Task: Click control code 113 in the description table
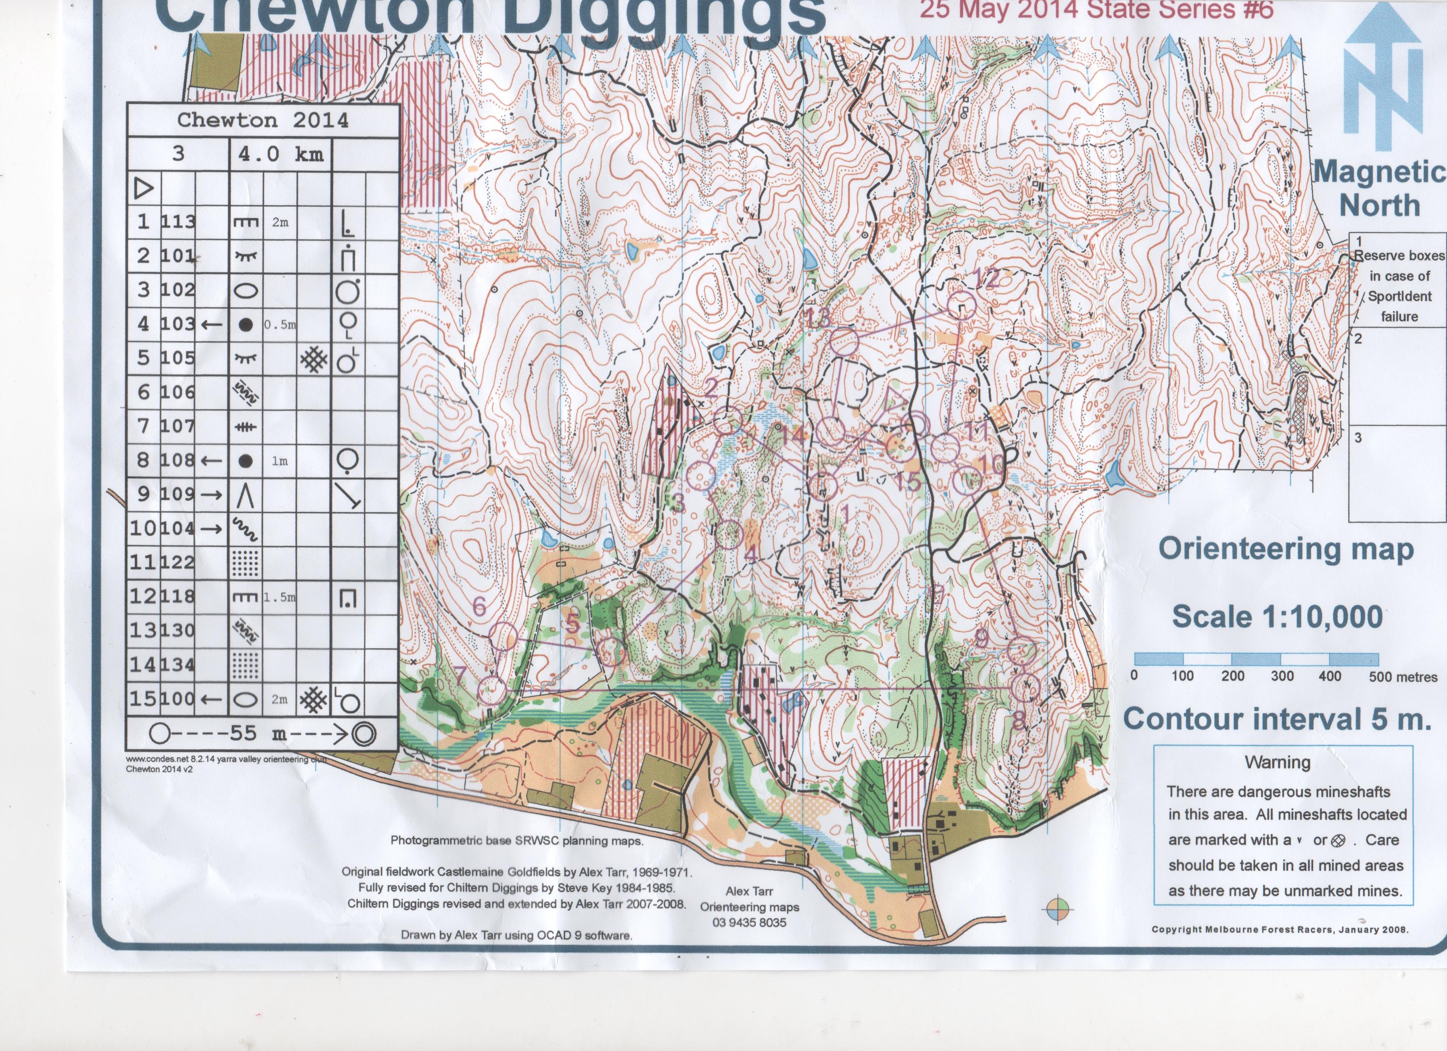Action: tap(178, 221)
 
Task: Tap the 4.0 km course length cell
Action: tap(281, 154)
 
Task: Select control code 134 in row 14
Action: tap(178, 664)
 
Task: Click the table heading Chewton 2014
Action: tap(263, 120)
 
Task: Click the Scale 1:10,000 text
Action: tap(1277, 616)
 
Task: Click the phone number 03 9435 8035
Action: tap(749, 922)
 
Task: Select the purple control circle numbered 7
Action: tap(492, 690)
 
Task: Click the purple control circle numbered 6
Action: tap(505, 636)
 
